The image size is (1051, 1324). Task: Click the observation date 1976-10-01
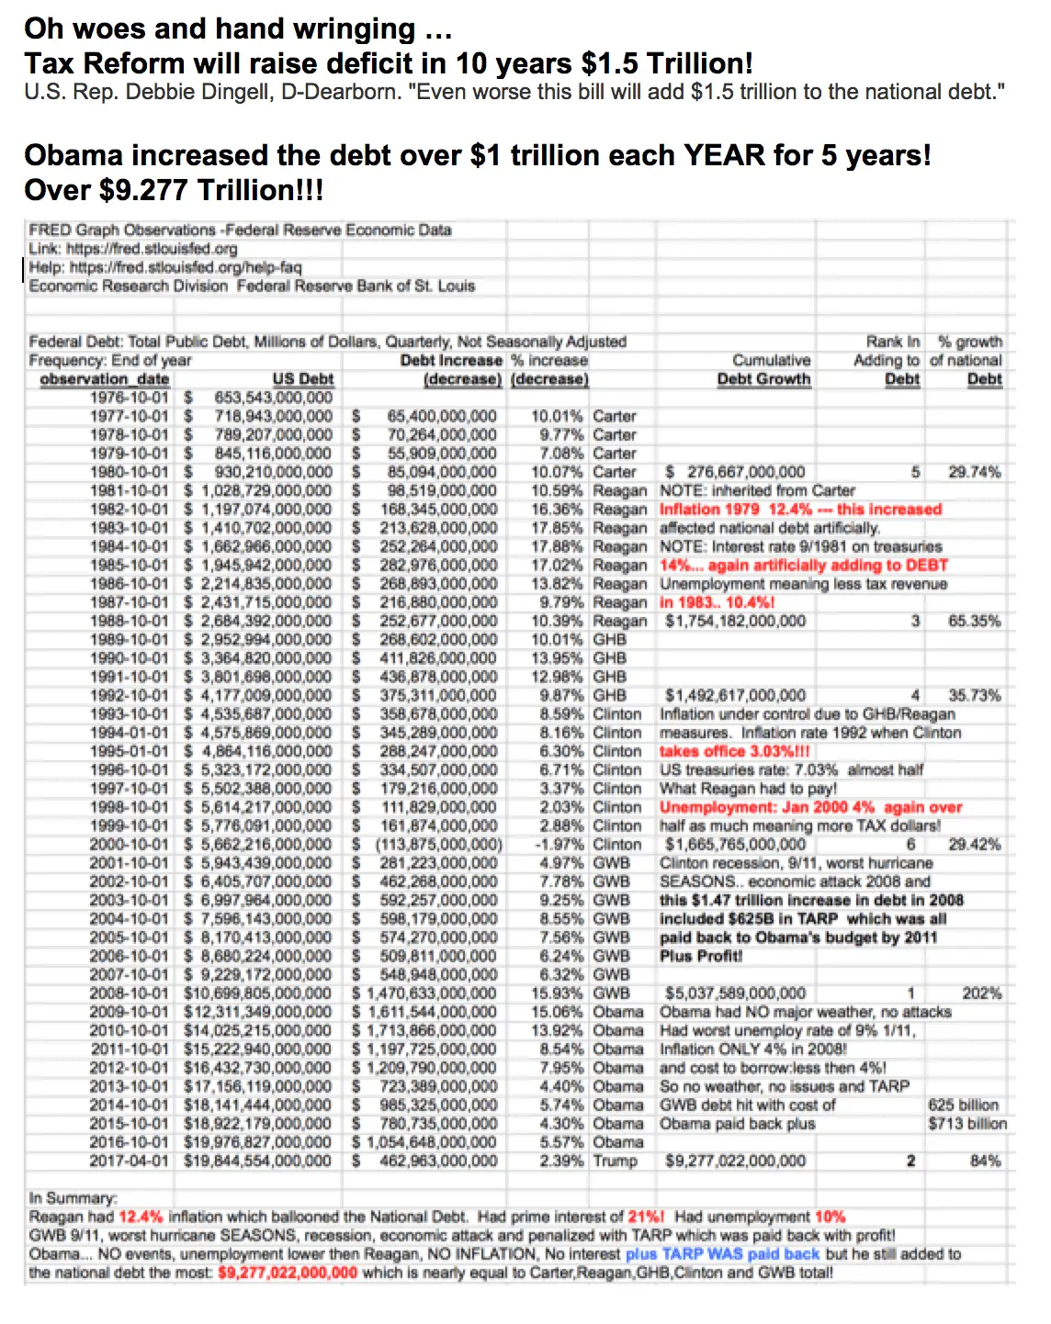[129, 398]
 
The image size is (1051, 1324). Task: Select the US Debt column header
[302, 379]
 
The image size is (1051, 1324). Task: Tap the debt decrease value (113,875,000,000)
[439, 845]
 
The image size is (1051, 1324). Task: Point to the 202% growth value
[981, 993]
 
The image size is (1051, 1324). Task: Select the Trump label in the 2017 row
[615, 1161]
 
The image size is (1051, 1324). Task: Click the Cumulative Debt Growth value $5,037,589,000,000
[735, 993]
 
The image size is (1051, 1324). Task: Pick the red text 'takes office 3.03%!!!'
[735, 751]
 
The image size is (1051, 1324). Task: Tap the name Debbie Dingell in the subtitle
[195, 93]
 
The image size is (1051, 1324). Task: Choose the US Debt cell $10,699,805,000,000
[258, 993]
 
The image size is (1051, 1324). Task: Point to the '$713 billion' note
[966, 1124]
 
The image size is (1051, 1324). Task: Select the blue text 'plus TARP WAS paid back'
[722, 1254]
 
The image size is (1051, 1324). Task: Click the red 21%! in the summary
[646, 1217]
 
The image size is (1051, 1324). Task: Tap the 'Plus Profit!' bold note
[701, 956]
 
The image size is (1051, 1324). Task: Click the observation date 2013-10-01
[129, 1087]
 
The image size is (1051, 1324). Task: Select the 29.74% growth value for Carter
[974, 472]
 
